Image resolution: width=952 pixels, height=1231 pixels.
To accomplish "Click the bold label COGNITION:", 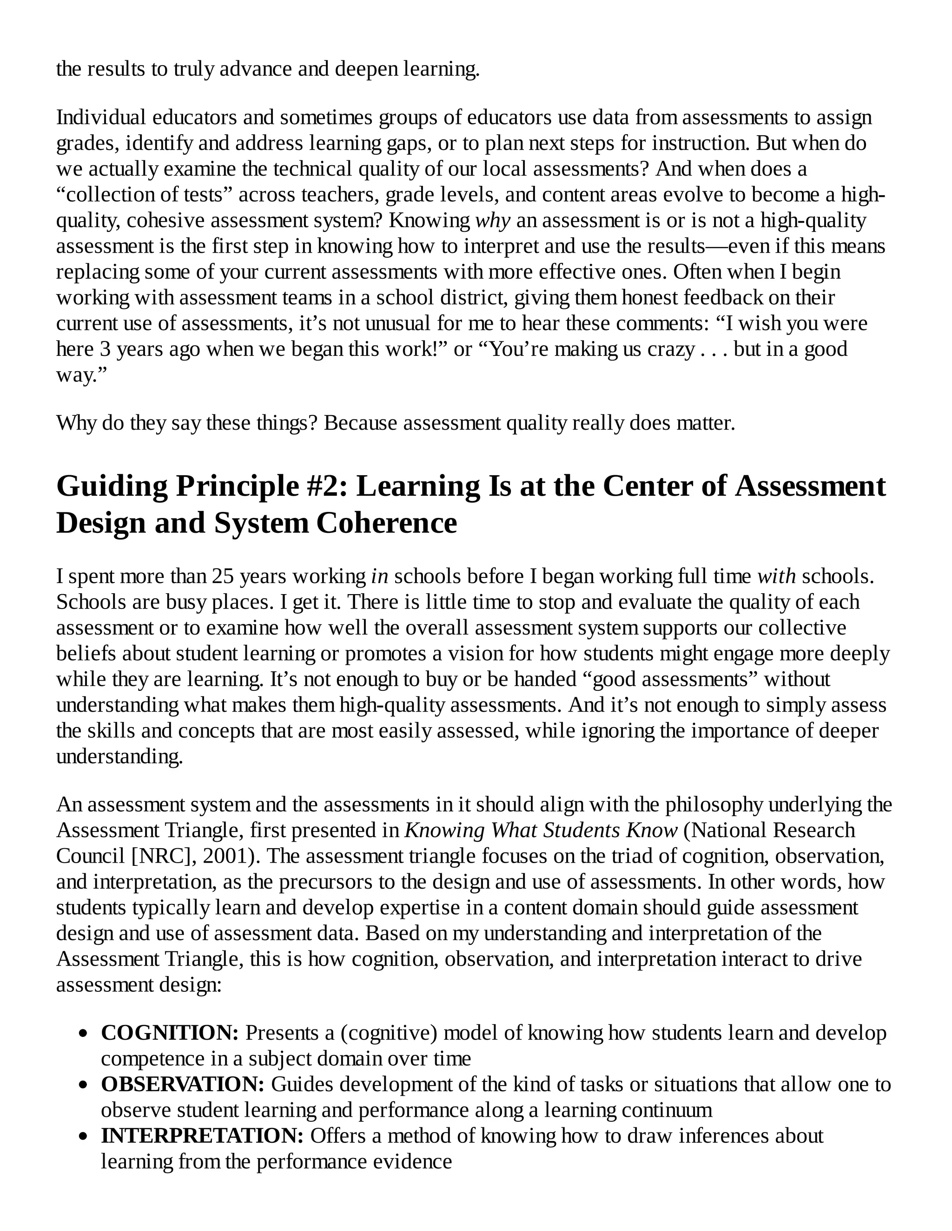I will click(x=170, y=1033).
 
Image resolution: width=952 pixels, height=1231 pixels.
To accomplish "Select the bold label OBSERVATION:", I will click(x=183, y=1084).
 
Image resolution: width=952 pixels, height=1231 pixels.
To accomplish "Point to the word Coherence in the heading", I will click(x=386, y=523).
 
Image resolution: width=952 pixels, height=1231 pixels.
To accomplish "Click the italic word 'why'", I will click(x=493, y=220).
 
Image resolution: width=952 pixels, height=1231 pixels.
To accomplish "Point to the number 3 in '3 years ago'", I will click(x=105, y=349).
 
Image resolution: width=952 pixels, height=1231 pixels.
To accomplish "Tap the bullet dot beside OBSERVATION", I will click(x=84, y=1085).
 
